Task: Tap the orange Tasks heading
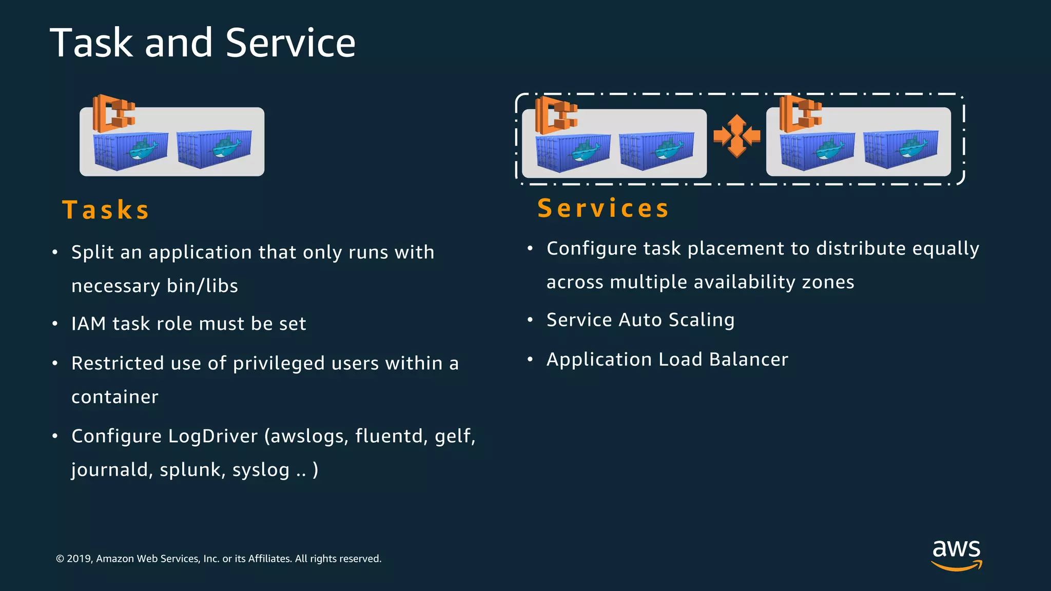[106, 210]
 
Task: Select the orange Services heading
[604, 208]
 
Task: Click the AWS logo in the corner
[957, 554]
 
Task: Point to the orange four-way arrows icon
[736, 136]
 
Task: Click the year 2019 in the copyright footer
[79, 559]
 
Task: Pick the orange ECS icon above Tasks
[113, 113]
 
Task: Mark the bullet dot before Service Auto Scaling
[530, 320]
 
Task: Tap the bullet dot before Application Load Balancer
[530, 360]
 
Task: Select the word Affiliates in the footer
[270, 559]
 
